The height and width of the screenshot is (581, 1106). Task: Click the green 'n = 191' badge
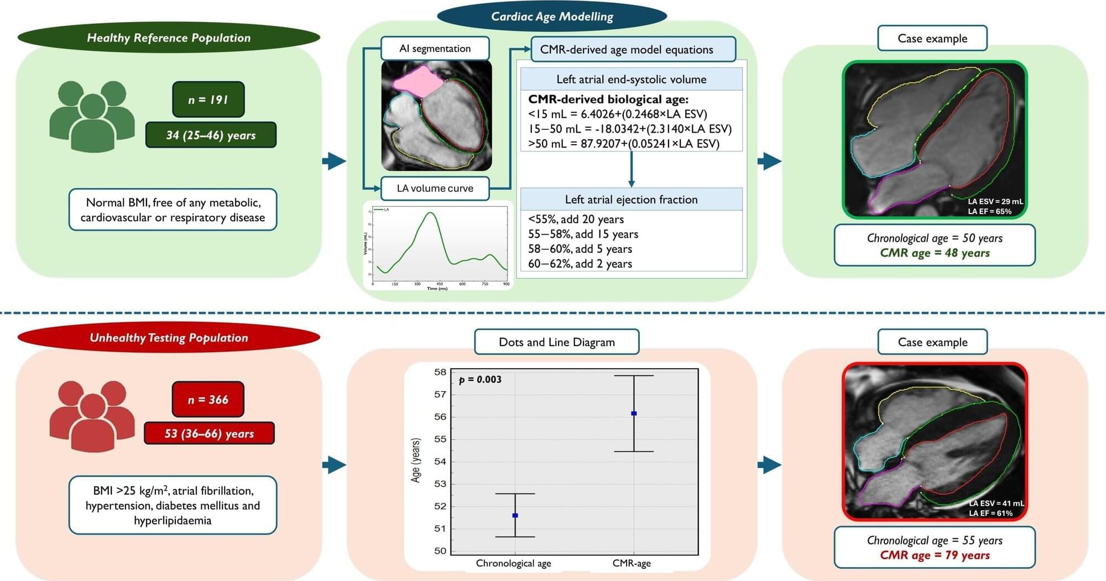[x=208, y=100]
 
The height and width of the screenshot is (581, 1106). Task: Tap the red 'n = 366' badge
[x=208, y=399]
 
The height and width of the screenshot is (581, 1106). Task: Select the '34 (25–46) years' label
[x=211, y=135]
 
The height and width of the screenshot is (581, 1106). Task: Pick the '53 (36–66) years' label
[x=209, y=433]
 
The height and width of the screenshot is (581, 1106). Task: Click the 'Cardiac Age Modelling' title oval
[x=552, y=17]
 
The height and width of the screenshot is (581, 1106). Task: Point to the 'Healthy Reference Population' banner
[x=169, y=38]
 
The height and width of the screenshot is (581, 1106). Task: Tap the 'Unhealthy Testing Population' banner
[x=169, y=337]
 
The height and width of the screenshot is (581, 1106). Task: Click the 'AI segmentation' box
[x=435, y=49]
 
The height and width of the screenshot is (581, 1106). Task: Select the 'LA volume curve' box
[x=435, y=188]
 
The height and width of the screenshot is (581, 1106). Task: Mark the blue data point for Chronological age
[x=515, y=515]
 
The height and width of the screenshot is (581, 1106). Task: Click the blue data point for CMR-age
[x=634, y=413]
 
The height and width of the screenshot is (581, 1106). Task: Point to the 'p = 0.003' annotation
[x=480, y=380]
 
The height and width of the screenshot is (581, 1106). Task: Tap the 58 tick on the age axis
[x=440, y=372]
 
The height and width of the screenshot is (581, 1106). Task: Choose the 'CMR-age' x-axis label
[x=632, y=563]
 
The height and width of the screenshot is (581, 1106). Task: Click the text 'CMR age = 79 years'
[x=935, y=555]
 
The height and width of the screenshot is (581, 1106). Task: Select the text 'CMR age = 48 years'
[x=935, y=253]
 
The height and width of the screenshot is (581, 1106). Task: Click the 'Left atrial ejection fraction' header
[x=631, y=200]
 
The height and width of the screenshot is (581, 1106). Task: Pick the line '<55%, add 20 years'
[x=576, y=219]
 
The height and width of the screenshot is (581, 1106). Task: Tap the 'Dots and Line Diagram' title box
[x=556, y=342]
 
